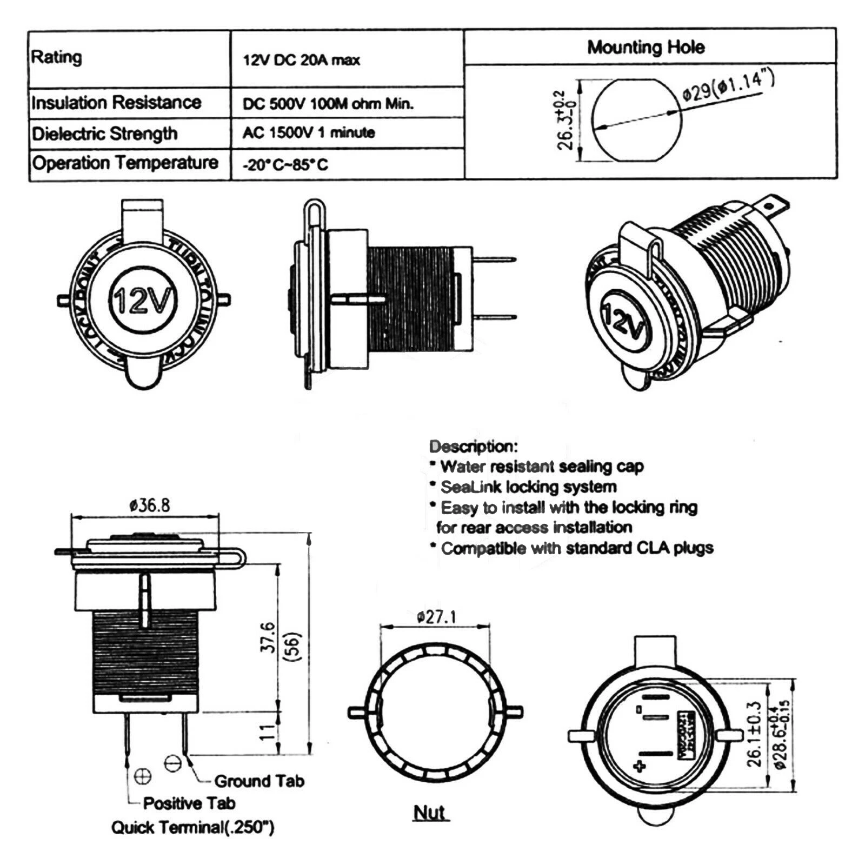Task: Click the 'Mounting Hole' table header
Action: click(646, 47)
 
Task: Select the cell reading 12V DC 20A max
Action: click(301, 60)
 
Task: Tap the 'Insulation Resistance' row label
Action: click(116, 102)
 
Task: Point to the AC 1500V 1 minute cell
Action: click(309, 132)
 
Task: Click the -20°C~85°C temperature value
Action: click(285, 164)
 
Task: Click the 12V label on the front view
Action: click(143, 300)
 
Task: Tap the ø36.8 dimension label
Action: click(150, 505)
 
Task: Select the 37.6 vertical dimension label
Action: click(268, 637)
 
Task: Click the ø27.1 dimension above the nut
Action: click(436, 616)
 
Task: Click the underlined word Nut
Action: click(429, 812)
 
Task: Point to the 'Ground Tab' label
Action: click(259, 781)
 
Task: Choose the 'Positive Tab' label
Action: click(189, 803)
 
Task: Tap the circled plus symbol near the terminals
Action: click(142, 777)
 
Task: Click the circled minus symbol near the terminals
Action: click(172, 763)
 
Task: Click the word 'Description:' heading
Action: click(474, 447)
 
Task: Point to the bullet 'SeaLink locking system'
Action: click(528, 487)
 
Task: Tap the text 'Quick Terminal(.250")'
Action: click(192, 827)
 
